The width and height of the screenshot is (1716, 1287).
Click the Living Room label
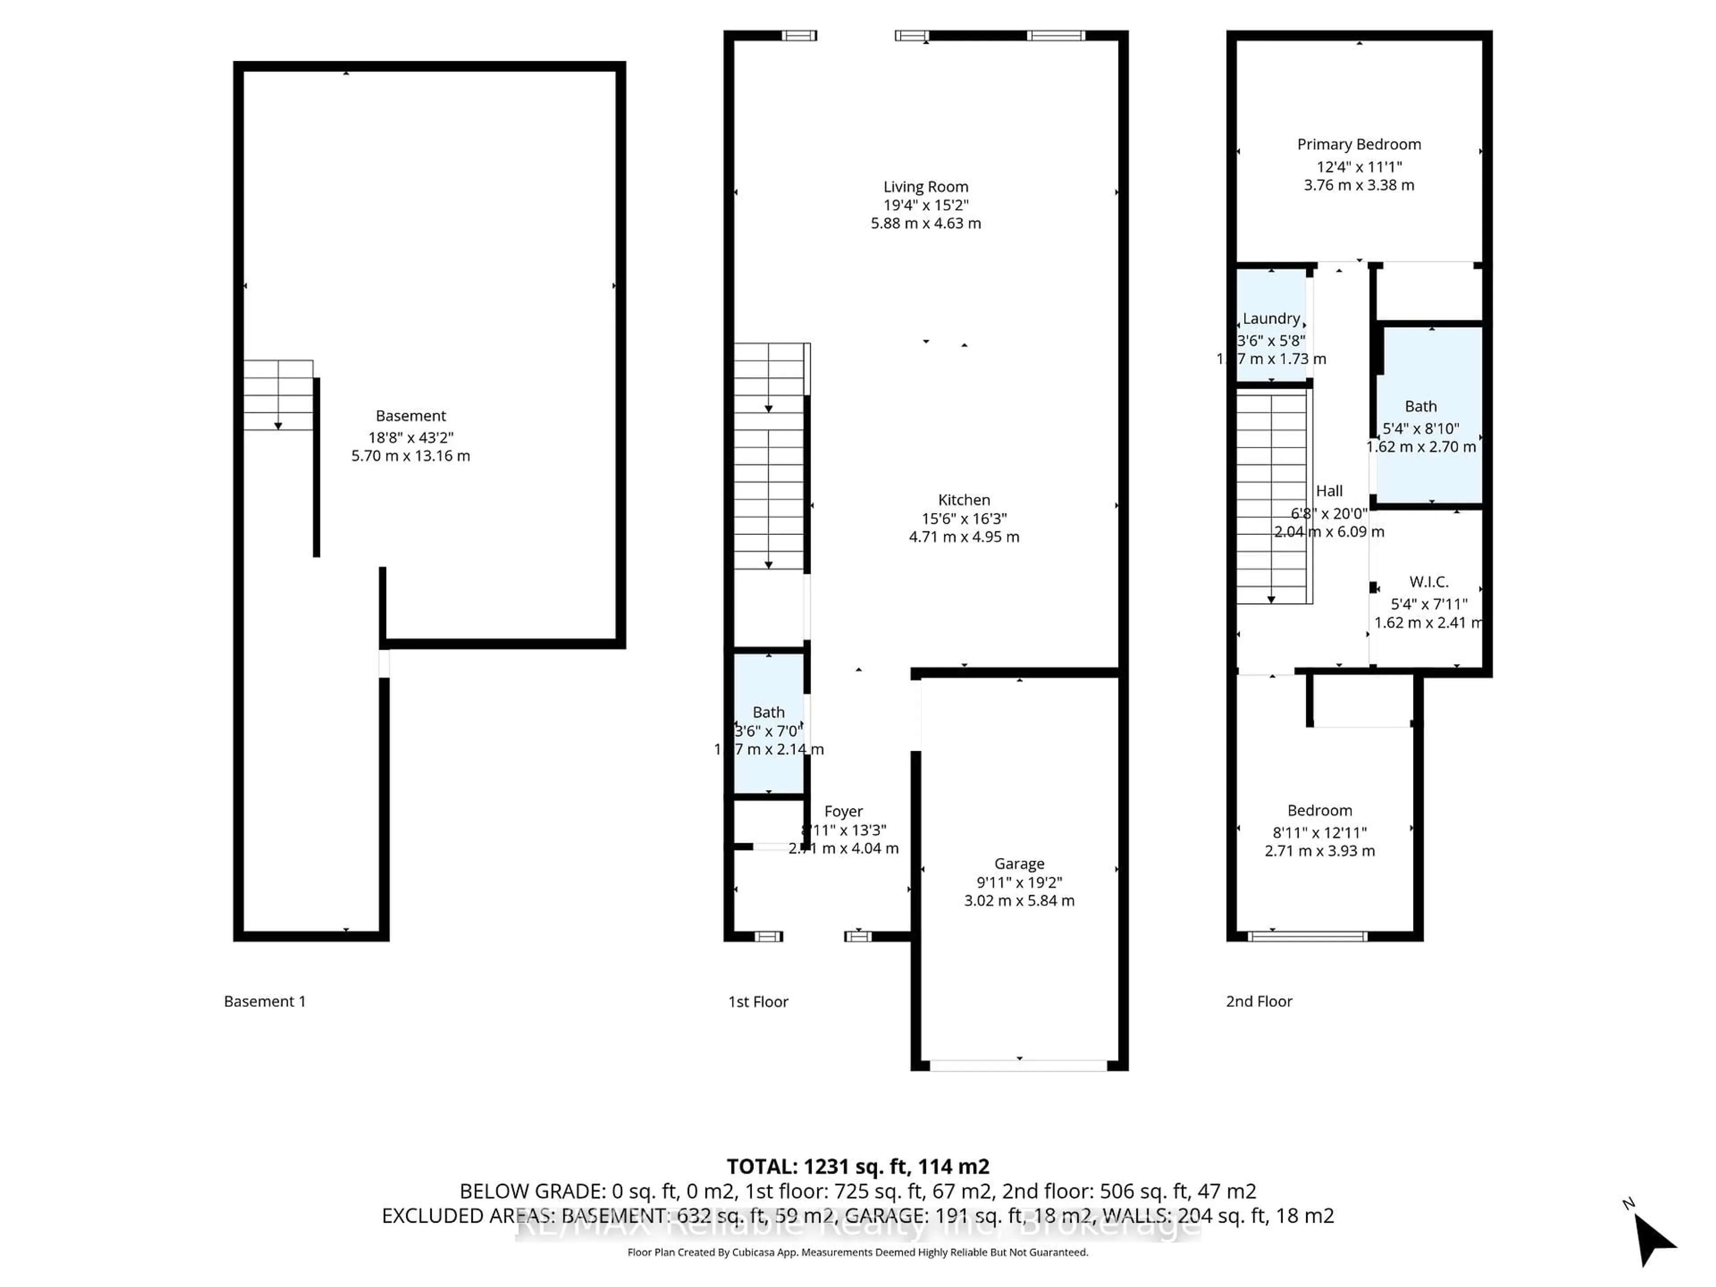click(925, 187)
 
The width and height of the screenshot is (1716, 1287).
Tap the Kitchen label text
click(963, 500)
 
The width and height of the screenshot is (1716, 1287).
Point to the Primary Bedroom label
click(1358, 144)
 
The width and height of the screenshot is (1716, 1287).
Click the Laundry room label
click(1271, 319)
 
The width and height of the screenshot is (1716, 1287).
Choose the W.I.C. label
click(1428, 582)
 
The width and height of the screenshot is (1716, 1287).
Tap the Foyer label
click(843, 812)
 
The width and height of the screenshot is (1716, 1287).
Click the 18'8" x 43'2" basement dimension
click(410, 437)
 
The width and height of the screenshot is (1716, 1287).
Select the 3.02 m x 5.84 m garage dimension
click(1018, 900)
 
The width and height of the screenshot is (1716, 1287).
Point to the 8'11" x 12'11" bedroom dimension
click(1320, 833)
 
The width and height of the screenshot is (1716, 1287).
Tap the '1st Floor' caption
click(758, 1001)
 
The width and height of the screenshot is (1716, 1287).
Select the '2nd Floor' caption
click(1258, 1001)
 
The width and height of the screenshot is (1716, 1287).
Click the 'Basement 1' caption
click(265, 1001)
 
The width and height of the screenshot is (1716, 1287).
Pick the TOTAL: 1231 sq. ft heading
click(857, 1167)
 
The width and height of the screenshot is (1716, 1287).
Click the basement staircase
click(278, 395)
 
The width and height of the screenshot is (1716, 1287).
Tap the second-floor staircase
click(1271, 496)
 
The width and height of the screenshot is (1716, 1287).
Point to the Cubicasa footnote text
click(857, 1252)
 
